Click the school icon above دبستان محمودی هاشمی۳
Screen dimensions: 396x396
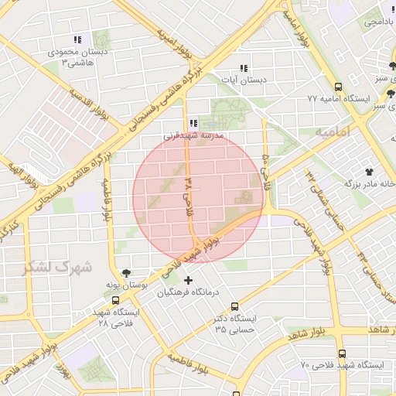coord(77,39)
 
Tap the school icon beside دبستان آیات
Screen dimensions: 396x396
coord(244,68)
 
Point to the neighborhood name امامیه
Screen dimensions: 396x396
coord(333,132)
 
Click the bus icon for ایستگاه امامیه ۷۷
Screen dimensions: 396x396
coord(338,87)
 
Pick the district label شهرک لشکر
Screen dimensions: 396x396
coord(56,268)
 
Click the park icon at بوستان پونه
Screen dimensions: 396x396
coord(126,274)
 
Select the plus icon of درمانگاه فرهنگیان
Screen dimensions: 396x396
coord(187,280)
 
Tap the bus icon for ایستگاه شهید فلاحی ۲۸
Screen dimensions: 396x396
coord(115,301)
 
